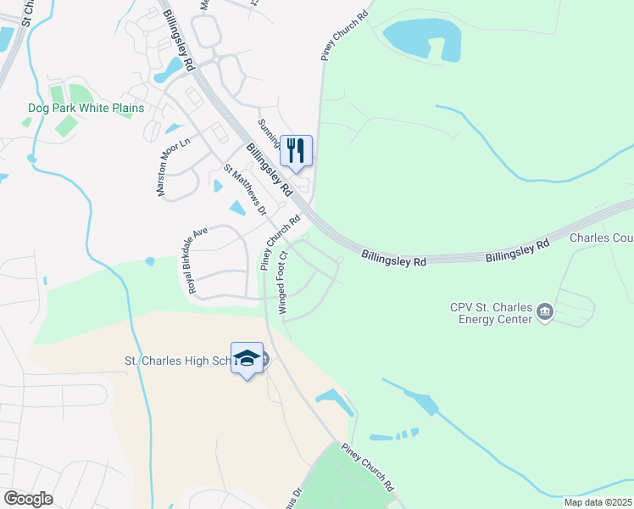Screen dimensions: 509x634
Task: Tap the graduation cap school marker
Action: click(247, 358)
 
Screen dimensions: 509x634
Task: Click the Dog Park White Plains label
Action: click(86, 109)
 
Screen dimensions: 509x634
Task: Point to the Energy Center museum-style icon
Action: click(544, 314)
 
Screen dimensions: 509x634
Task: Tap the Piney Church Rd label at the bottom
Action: click(369, 468)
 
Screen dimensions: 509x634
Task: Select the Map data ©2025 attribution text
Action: click(598, 502)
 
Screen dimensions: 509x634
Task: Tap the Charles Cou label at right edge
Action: click(601, 238)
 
